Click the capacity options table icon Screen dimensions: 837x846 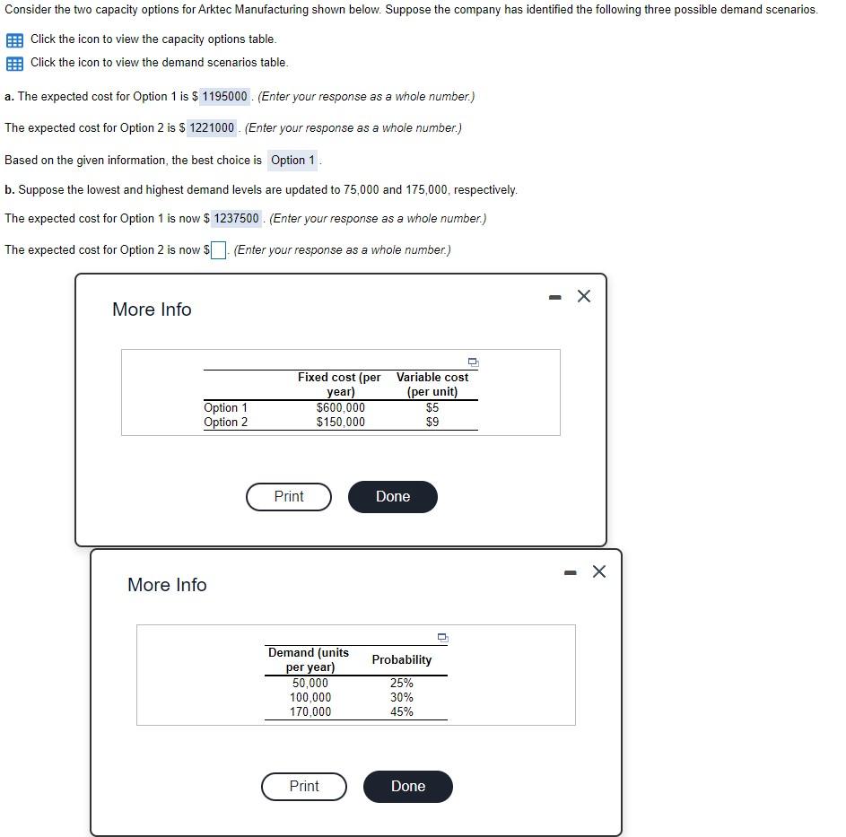coord(14,40)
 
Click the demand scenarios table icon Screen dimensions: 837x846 coord(14,64)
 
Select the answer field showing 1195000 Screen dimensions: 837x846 coord(224,97)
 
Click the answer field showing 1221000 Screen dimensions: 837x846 coord(212,128)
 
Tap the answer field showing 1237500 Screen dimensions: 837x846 coord(237,219)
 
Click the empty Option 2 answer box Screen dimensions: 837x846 coord(218,250)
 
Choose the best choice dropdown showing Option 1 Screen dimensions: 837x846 coord(293,161)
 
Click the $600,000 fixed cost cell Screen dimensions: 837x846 coord(341,408)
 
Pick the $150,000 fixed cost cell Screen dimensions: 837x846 coord(341,423)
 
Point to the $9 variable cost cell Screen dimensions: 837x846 coord(432,423)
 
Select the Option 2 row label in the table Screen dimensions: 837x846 coord(226,423)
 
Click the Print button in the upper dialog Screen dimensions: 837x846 coord(289,497)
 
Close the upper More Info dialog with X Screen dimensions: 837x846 coord(584,297)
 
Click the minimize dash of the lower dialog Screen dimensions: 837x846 coord(569,572)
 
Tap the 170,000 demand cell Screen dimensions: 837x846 coord(310,712)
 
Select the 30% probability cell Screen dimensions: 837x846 coord(402,698)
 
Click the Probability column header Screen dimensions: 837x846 coord(402,660)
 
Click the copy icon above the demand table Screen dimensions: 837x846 coord(441,638)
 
